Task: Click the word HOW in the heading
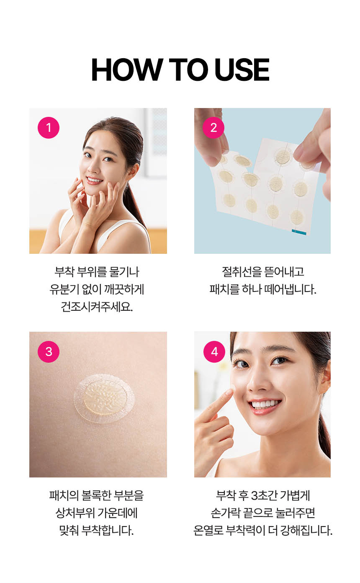click(127, 70)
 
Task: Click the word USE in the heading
click(242, 70)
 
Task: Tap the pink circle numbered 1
click(49, 127)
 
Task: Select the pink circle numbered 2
click(213, 127)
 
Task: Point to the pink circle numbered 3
click(49, 352)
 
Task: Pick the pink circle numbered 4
click(214, 352)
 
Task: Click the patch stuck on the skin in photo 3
click(104, 398)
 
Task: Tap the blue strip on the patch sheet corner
click(299, 232)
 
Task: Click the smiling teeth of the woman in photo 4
click(265, 404)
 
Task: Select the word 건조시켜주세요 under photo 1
click(97, 307)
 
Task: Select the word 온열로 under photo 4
click(208, 530)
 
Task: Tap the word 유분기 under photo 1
click(64, 289)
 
